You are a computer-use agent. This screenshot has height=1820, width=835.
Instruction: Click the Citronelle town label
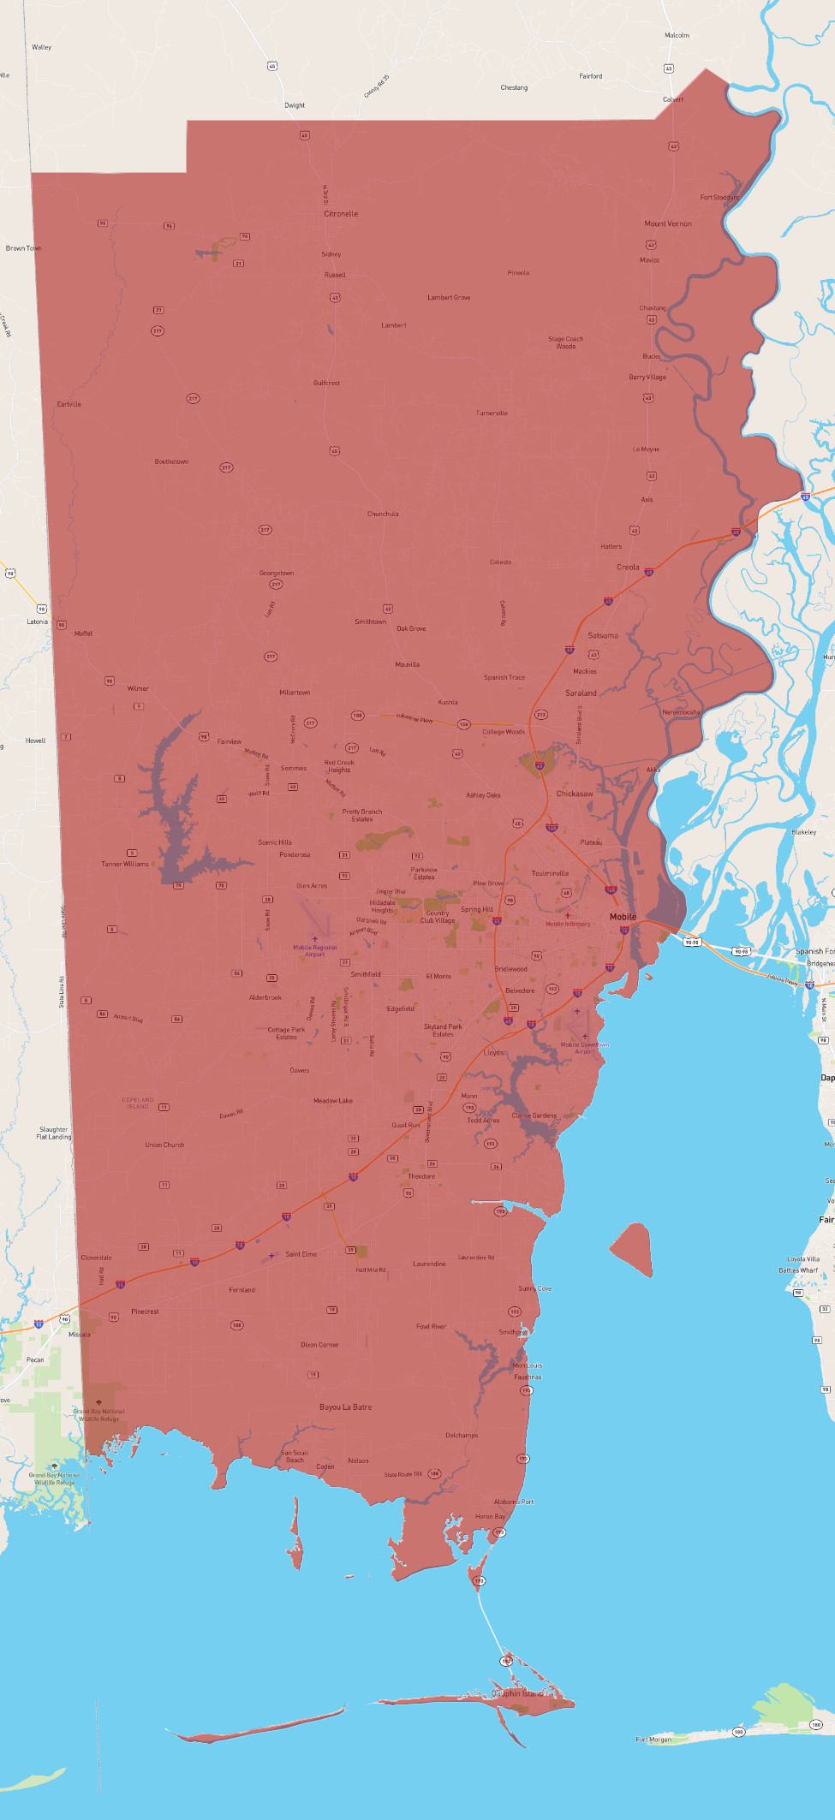click(341, 214)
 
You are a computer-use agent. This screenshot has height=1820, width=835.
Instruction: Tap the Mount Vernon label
click(668, 223)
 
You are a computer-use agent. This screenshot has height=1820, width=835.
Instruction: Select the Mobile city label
click(623, 917)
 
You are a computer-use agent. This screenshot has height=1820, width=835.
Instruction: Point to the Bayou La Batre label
click(345, 1407)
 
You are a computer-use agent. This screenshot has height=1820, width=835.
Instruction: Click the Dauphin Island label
click(517, 1693)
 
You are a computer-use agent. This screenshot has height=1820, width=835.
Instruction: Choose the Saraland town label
click(581, 693)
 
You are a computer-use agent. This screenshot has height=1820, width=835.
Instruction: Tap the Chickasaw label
click(575, 794)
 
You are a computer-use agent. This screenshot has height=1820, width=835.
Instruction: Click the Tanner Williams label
click(125, 864)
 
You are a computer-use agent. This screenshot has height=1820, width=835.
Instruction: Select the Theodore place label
click(421, 1176)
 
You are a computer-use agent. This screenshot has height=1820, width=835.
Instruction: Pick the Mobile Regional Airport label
click(315, 950)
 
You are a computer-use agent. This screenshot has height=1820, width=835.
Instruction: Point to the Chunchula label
click(383, 514)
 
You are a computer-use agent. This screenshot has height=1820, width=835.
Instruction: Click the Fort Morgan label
click(653, 1740)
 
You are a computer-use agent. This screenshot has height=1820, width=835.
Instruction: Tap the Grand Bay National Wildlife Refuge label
click(98, 1415)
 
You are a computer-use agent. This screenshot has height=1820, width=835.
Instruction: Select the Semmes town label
click(294, 768)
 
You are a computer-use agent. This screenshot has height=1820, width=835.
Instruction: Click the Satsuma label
click(603, 635)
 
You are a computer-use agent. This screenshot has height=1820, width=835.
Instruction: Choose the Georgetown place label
click(277, 573)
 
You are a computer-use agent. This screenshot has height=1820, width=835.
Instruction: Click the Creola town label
click(628, 567)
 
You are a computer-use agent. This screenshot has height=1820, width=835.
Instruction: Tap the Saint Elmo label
click(301, 1254)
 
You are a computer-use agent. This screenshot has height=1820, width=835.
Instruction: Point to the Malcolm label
click(677, 35)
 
